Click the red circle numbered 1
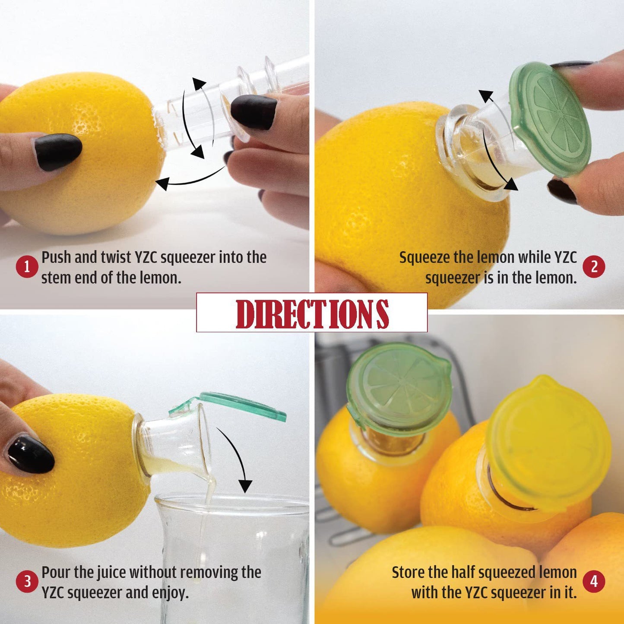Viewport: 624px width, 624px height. pyautogui.click(x=27, y=267)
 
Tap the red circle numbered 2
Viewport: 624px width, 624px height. pyautogui.click(x=594, y=267)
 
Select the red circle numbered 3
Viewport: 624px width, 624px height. pyautogui.click(x=27, y=582)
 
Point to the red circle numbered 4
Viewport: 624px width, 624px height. pyautogui.click(x=594, y=582)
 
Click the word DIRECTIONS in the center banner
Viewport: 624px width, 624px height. pyautogui.click(x=312, y=314)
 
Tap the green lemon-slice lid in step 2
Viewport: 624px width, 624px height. pyautogui.click(x=549, y=119)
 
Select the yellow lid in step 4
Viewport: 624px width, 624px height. pyautogui.click(x=548, y=443)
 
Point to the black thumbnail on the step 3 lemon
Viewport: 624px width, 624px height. pyautogui.click(x=30, y=454)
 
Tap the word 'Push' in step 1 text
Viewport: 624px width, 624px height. pyautogui.click(x=57, y=257)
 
